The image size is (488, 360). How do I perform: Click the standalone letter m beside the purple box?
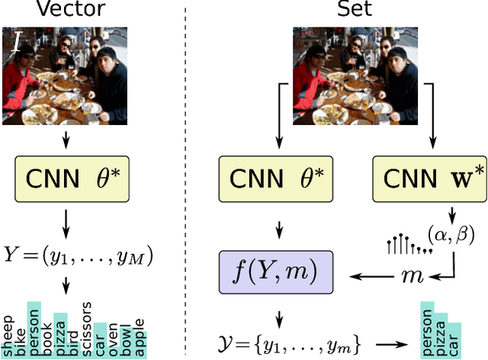tap(408, 274)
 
